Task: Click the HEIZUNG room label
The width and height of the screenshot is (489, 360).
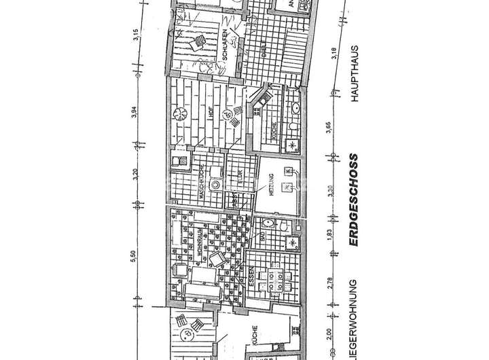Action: (270, 183)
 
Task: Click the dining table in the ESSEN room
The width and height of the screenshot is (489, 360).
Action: (279, 280)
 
